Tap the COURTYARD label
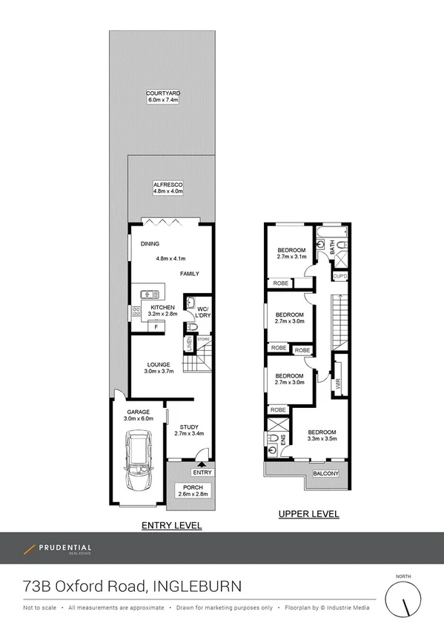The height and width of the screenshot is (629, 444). tap(163, 94)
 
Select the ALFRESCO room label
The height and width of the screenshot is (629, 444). tap(168, 183)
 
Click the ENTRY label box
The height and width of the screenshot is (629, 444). tap(202, 472)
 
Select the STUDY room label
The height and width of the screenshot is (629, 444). tap(188, 426)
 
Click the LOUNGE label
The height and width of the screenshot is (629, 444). tap(159, 364)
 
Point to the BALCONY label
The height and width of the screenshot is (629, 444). tap(325, 474)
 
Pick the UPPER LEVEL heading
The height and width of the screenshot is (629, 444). tap(308, 513)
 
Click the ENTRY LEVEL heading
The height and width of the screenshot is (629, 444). tap(171, 525)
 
